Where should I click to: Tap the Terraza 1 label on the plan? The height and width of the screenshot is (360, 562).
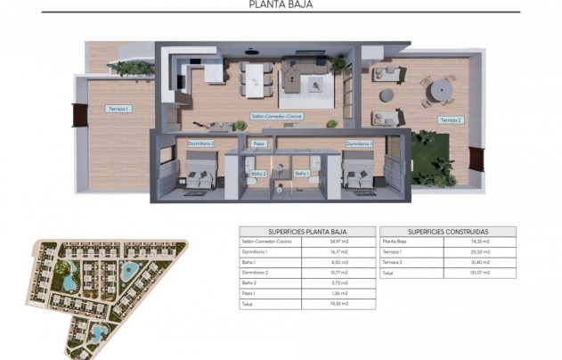pyautogui.click(x=118, y=109)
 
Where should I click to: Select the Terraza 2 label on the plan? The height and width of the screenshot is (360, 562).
pyautogui.click(x=451, y=119)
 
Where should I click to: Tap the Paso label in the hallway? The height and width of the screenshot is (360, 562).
pyautogui.click(x=259, y=143)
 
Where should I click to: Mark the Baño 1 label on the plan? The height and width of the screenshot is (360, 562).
pyautogui.click(x=302, y=173)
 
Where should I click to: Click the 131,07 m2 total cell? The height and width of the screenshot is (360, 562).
pyautogui.click(x=482, y=274)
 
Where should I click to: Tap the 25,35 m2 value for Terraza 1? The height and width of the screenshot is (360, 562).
pyautogui.click(x=482, y=252)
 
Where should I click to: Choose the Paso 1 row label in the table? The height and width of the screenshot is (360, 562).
pyautogui.click(x=249, y=293)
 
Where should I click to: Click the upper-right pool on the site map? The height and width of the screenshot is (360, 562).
pyautogui.click(x=131, y=270)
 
